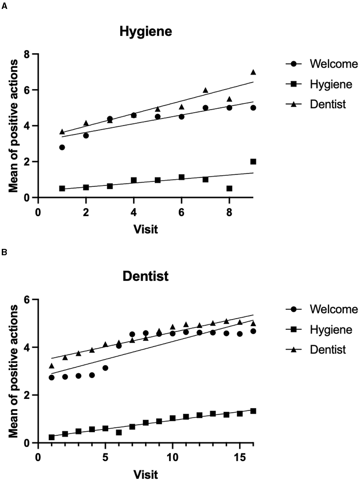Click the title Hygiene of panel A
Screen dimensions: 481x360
click(x=146, y=32)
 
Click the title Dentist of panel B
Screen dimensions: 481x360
click(x=146, y=276)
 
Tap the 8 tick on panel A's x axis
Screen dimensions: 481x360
click(x=229, y=212)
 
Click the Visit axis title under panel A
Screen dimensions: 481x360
click(x=146, y=229)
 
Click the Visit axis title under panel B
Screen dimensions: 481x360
click(x=146, y=474)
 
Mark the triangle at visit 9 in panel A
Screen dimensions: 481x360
click(x=253, y=72)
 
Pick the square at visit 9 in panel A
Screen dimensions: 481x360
click(x=253, y=162)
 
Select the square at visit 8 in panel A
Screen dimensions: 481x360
click(x=229, y=188)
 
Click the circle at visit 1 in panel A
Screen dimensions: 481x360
click(x=62, y=147)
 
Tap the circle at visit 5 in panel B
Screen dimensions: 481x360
click(x=105, y=368)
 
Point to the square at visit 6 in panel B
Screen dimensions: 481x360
click(x=119, y=432)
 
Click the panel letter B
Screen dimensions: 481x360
click(x=4, y=252)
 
